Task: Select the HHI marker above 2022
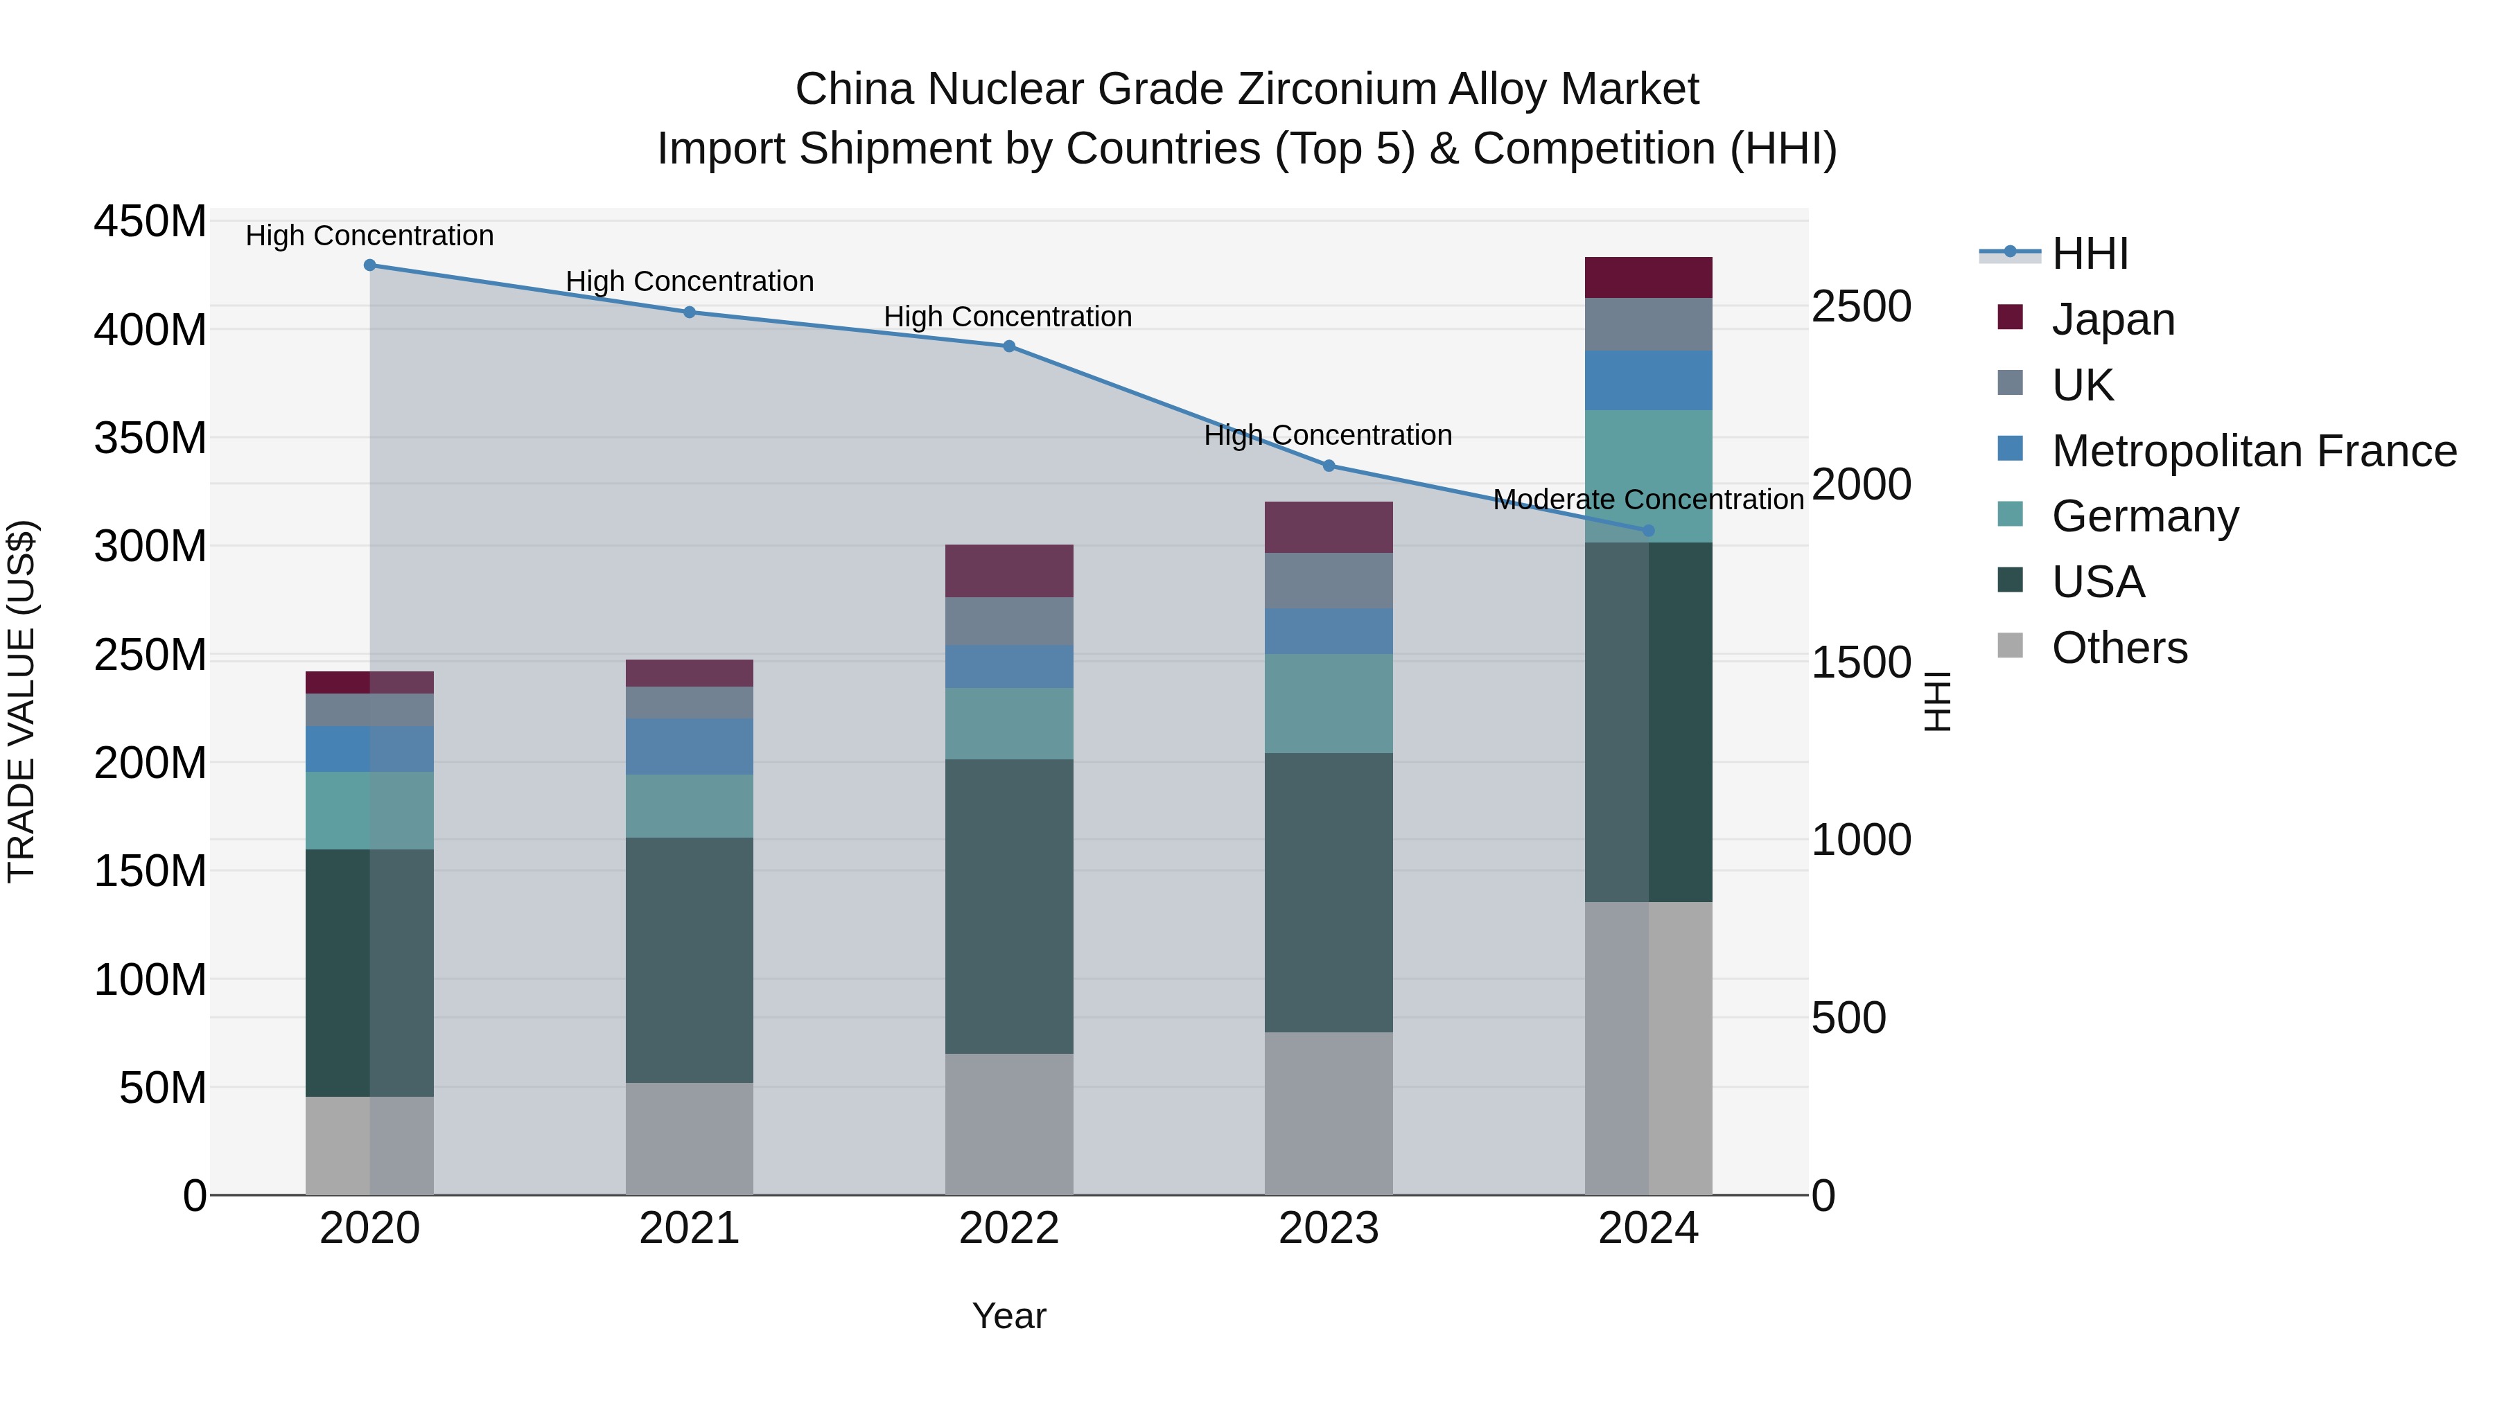tap(1008, 346)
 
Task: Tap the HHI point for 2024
tap(1649, 531)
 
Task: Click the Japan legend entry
tap(2112, 319)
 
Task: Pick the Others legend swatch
tap(2011, 646)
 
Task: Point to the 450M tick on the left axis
tap(150, 222)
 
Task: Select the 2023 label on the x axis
tap(1328, 1228)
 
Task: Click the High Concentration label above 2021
tap(690, 282)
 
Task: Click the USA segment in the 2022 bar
tap(1008, 906)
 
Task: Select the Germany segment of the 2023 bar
tap(1328, 703)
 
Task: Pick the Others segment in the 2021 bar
tap(690, 1138)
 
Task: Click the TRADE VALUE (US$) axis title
tap(21, 701)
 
